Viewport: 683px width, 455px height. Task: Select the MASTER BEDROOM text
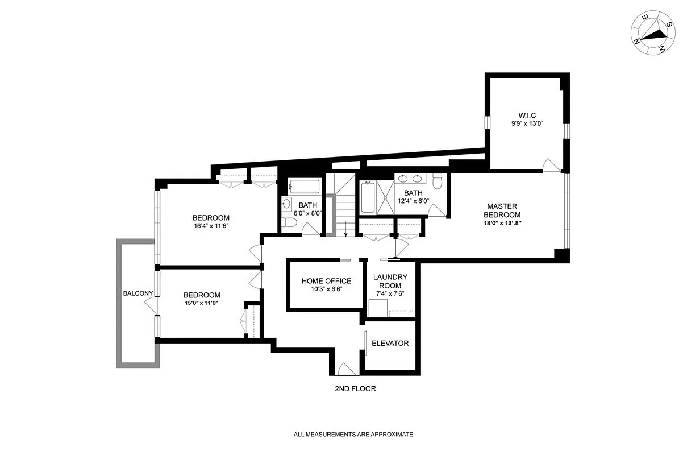(502, 210)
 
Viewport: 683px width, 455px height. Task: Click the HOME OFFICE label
(326, 281)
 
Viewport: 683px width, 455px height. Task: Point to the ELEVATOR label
(390, 344)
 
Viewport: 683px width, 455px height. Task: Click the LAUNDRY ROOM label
(390, 282)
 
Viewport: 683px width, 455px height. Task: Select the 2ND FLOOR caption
(355, 389)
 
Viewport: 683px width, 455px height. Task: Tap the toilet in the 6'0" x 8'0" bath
(288, 222)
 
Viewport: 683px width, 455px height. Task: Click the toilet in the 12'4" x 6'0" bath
(438, 181)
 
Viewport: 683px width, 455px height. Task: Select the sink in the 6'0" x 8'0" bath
(286, 204)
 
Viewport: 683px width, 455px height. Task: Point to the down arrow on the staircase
(345, 229)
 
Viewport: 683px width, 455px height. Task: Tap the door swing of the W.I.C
(551, 164)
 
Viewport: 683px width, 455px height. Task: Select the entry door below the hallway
(345, 369)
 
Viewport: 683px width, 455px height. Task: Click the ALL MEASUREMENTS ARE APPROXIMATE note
(353, 435)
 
